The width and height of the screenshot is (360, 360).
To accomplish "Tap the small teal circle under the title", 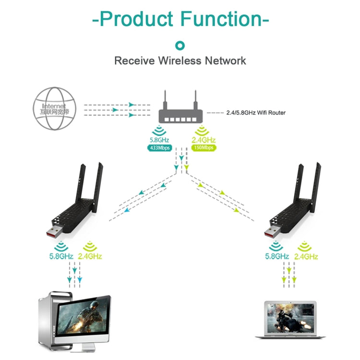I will (x=180, y=46).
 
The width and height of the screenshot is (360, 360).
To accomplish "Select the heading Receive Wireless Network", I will (x=180, y=61).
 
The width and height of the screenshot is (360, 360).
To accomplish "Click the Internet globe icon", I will (x=55, y=108).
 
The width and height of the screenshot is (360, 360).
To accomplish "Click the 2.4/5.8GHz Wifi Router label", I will (x=255, y=113).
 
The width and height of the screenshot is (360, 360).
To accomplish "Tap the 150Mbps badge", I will (x=204, y=148).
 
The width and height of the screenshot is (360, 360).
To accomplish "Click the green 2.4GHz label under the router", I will (x=204, y=140).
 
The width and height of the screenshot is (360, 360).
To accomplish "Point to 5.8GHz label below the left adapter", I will (x=61, y=256).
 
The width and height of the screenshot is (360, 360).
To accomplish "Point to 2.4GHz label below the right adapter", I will (x=306, y=256).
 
